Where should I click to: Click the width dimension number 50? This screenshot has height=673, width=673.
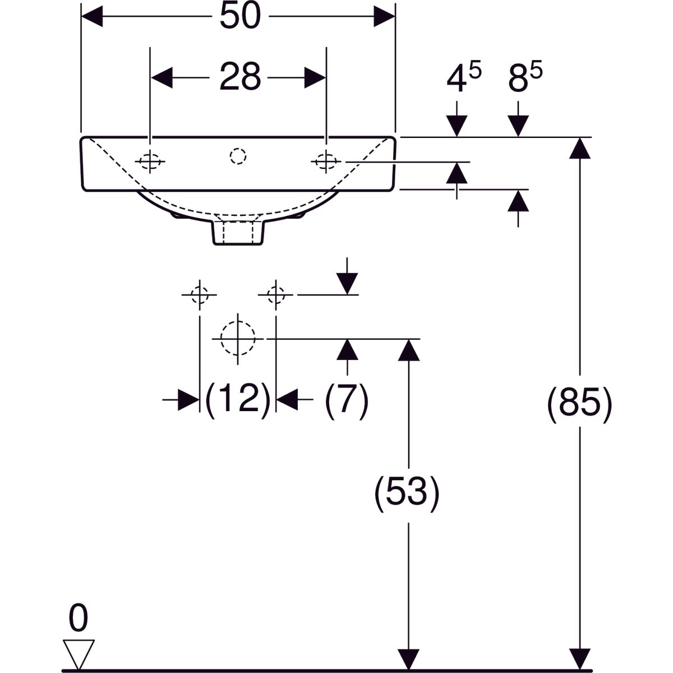[x=240, y=17]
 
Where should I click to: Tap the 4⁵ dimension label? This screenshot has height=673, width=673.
[x=463, y=80]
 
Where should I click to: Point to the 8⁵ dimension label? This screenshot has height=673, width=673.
[x=526, y=80]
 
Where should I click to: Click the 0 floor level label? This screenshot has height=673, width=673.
[x=79, y=620]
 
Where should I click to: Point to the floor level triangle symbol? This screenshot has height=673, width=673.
[x=78, y=653]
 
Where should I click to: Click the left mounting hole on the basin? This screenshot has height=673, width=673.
[x=150, y=162]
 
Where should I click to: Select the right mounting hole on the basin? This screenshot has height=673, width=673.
[x=326, y=162]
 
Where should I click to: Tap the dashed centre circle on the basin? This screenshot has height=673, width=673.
[x=238, y=155]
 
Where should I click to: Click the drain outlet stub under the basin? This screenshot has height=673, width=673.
[x=238, y=232]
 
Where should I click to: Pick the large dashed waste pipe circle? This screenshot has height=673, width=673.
[x=238, y=339]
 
